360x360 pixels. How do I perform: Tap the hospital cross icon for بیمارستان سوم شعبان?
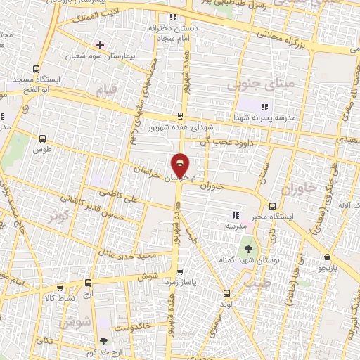100,45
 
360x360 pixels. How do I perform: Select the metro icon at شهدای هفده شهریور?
180,117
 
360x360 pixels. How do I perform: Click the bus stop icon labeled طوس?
44,139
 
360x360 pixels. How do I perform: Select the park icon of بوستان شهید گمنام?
248,248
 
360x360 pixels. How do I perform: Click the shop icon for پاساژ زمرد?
180,271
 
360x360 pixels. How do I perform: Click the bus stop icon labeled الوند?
226,293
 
